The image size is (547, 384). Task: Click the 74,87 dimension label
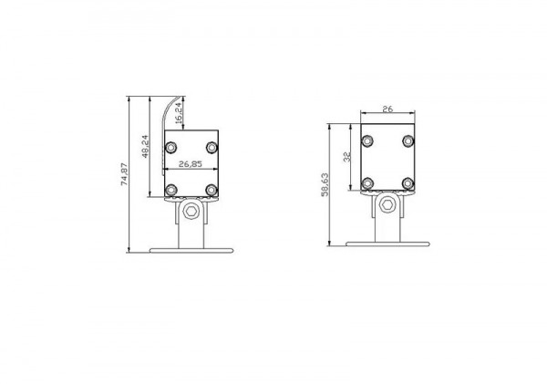(x=125, y=174)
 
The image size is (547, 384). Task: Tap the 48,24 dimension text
(x=146, y=147)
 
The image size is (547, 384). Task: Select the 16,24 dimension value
(x=178, y=113)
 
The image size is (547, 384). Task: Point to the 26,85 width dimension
(x=191, y=164)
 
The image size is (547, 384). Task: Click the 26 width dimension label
(x=387, y=109)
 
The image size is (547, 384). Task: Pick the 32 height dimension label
(x=347, y=157)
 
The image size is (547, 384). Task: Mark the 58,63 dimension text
(x=325, y=184)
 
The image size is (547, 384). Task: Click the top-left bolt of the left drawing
(x=171, y=148)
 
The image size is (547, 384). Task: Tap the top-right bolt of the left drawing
(x=212, y=148)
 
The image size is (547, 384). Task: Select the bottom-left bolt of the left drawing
(x=171, y=190)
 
